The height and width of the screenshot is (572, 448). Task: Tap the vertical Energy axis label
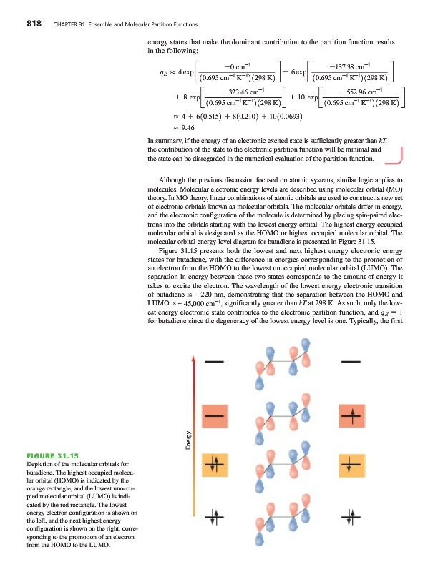click(x=188, y=439)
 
